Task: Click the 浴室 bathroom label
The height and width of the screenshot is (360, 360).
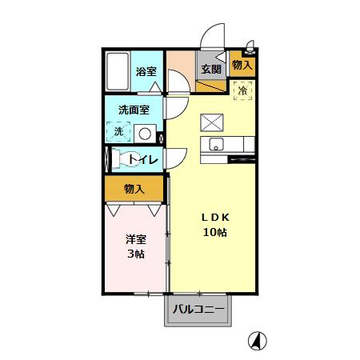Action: [x=146, y=72]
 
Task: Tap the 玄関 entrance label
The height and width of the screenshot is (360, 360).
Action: [x=211, y=69]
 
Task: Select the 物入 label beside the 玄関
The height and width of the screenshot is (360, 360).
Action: [x=242, y=65]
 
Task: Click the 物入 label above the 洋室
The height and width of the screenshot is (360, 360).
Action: [x=134, y=189]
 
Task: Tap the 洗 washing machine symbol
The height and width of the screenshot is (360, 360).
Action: [x=118, y=131]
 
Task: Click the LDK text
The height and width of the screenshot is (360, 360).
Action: [x=214, y=218]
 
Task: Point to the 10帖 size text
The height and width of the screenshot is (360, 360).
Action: [x=214, y=233]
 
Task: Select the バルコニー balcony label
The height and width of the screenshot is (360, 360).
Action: [x=197, y=309]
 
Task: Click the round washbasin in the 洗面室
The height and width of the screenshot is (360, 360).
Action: [x=145, y=134]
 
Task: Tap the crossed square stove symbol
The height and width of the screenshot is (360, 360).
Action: [x=212, y=122]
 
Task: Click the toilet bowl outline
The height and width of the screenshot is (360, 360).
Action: [x=128, y=159]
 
